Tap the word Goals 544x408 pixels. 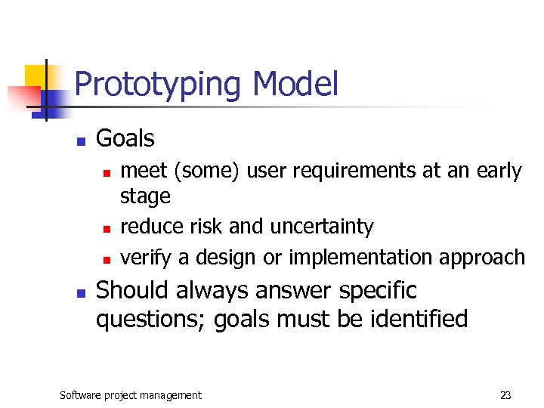coord(125,138)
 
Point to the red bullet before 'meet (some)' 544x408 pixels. coord(107,173)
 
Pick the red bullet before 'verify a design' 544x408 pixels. coord(107,259)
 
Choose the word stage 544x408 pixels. coord(145,197)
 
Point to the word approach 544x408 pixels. coord(481,258)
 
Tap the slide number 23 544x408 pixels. coord(505,394)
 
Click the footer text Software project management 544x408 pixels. coord(131,394)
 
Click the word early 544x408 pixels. coord(498,172)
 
